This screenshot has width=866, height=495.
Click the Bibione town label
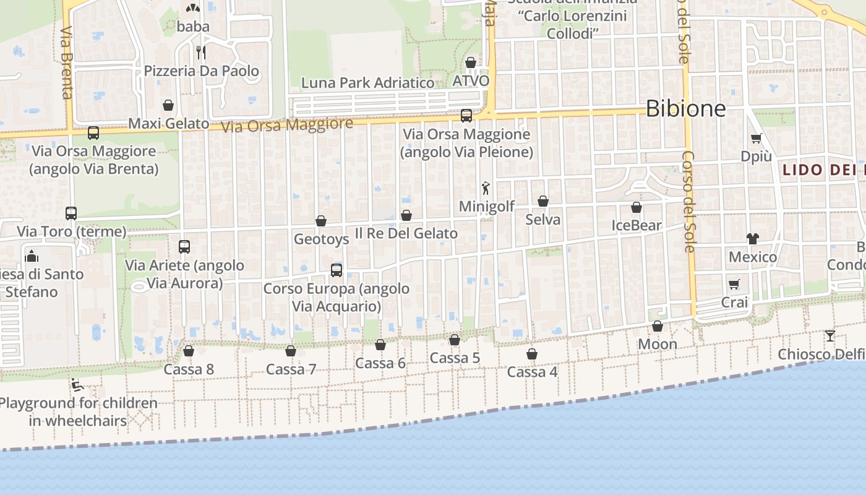click(685, 109)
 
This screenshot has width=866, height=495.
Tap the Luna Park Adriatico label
click(367, 83)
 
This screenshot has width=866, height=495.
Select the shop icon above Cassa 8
click(189, 351)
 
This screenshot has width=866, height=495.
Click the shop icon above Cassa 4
click(532, 354)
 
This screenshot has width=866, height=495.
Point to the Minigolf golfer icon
click(486, 188)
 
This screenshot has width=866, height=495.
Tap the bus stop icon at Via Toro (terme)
click(71, 213)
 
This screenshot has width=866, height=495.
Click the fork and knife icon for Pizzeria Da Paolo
click(201, 52)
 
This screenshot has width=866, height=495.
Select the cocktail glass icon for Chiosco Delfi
click(830, 336)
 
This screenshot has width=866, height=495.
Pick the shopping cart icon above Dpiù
click(756, 138)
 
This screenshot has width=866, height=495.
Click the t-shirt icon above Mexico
click(752, 238)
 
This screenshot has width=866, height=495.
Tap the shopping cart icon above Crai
click(734, 284)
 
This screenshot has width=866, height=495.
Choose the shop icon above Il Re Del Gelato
click(406, 215)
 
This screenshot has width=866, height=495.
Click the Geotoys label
click(321, 239)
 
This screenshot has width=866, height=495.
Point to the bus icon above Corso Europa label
click(337, 270)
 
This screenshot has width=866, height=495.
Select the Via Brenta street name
click(67, 62)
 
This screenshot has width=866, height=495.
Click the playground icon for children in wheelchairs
click(77, 385)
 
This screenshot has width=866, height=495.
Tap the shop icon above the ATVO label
click(471, 62)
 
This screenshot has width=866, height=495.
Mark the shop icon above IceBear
click(637, 207)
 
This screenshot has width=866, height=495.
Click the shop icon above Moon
click(658, 326)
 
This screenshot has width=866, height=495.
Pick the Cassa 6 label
click(380, 363)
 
